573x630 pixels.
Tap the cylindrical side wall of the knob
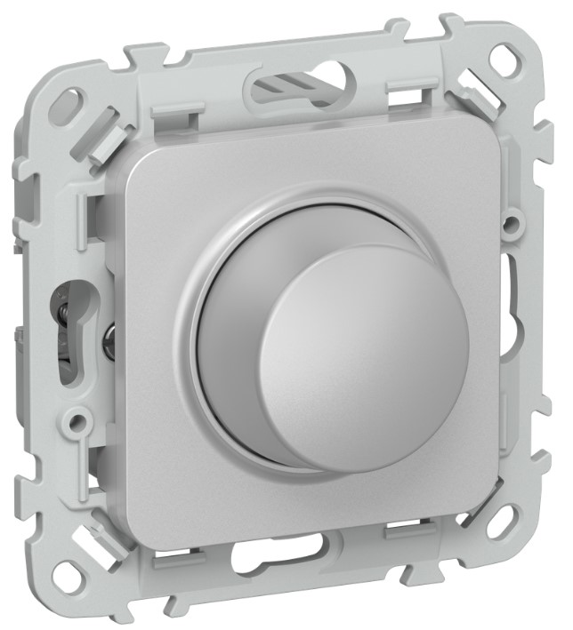coord(233,347)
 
